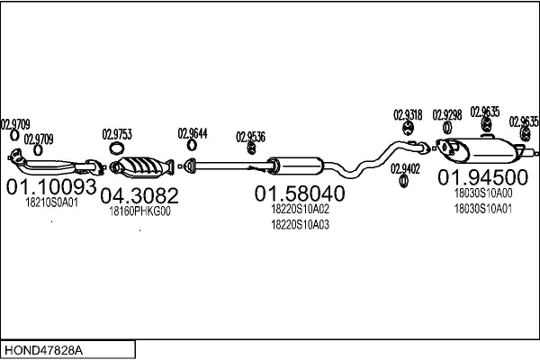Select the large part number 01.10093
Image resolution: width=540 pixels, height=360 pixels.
50,187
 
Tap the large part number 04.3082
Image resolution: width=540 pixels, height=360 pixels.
139,195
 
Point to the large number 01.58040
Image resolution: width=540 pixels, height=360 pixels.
299,193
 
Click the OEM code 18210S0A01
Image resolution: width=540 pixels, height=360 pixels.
51,202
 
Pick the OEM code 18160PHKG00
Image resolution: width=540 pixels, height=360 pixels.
139,211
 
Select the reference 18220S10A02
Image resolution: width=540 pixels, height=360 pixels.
300,209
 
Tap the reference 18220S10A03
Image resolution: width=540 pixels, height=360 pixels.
300,224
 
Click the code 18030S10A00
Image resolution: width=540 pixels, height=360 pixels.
482,193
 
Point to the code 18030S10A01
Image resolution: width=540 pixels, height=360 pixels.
482,209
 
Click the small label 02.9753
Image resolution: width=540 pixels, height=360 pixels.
117,134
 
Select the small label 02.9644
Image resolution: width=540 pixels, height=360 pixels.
193,133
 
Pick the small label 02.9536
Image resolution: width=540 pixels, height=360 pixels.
251,137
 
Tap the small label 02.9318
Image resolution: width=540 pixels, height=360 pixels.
407,114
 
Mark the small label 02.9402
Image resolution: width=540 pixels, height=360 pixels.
405,168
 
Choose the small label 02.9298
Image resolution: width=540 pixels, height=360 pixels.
446,114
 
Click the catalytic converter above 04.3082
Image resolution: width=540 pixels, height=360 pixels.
141,166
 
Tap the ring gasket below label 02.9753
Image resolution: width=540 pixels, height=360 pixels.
116,148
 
